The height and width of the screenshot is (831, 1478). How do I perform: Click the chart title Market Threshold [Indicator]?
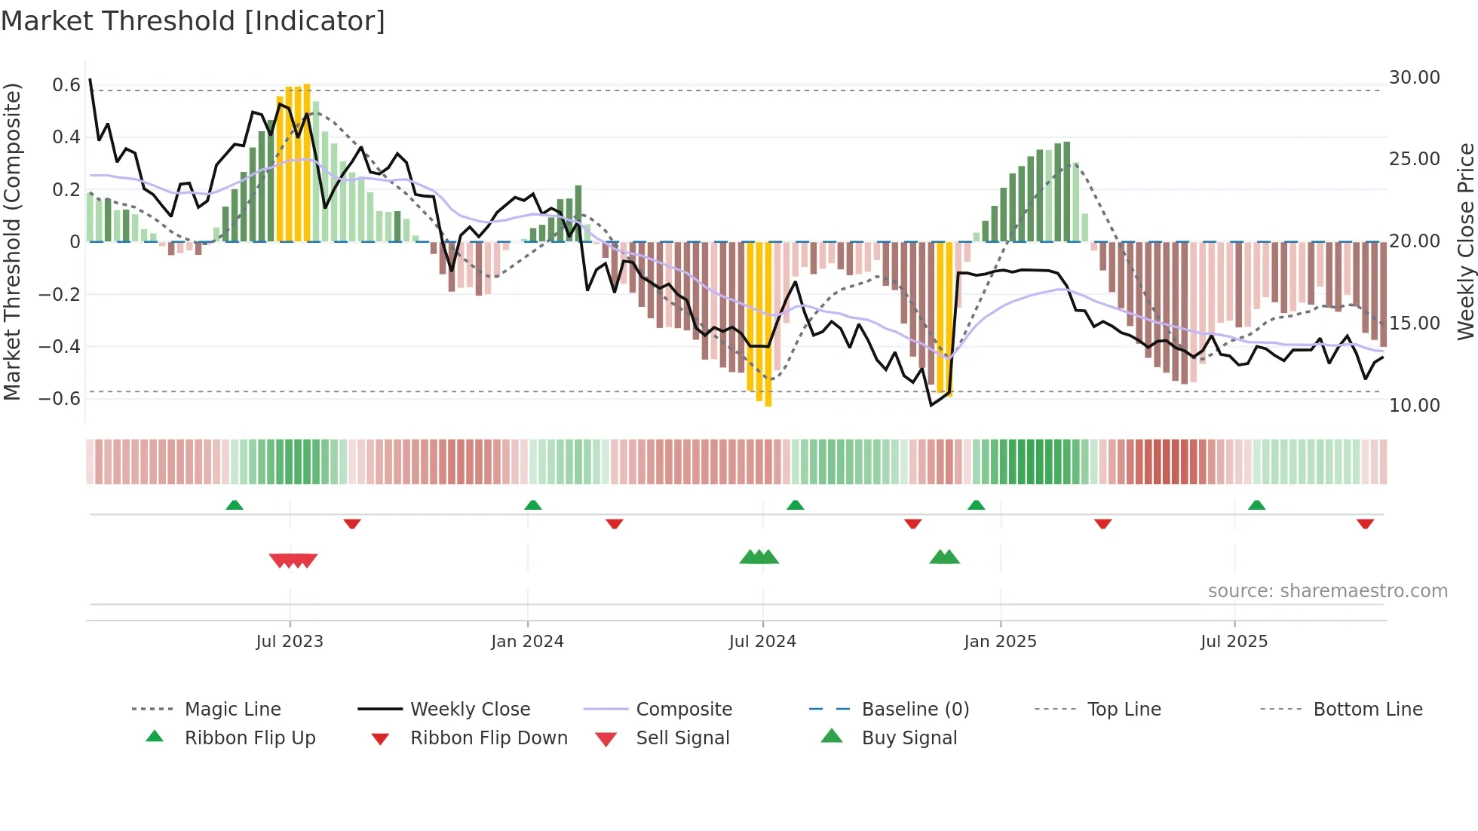coord(193,21)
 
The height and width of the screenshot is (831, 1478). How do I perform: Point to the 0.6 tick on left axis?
coord(66,84)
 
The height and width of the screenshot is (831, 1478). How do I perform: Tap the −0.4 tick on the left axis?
coord(60,346)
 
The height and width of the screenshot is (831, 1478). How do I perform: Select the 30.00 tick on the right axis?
coord(1414,78)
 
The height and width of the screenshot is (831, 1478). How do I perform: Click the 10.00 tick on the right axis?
coord(1414,406)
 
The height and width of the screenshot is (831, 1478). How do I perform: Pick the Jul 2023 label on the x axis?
coord(290,642)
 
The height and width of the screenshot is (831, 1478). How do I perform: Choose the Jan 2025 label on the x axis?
coord(1000,642)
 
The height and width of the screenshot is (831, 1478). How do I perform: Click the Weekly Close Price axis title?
coord(1465,241)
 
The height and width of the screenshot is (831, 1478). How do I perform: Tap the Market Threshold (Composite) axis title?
coord(12,241)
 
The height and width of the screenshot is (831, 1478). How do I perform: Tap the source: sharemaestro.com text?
coord(1327,591)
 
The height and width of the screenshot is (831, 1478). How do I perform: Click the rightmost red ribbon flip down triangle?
coord(1365,523)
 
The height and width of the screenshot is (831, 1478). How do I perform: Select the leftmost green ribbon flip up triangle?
coord(235,504)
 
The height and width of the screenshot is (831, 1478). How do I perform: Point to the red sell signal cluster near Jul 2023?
coord(293,560)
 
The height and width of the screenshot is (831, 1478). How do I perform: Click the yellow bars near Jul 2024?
coord(759,324)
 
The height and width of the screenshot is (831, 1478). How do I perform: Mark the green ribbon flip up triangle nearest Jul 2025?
coord(1256,504)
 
